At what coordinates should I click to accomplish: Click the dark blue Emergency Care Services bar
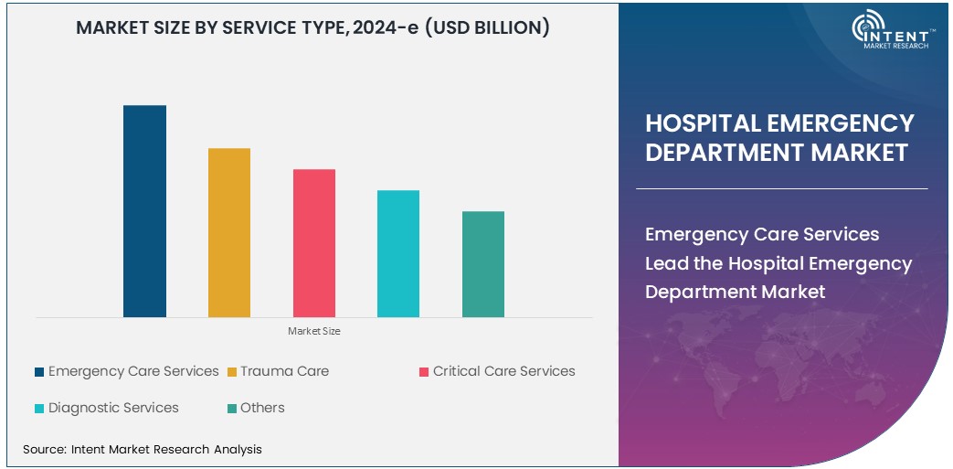click(144, 211)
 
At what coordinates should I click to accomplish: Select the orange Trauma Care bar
click(229, 232)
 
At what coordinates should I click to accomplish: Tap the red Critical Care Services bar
click(313, 243)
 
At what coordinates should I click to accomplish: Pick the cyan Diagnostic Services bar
click(398, 253)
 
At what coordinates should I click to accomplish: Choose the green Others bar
click(482, 264)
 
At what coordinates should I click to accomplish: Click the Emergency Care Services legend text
click(133, 371)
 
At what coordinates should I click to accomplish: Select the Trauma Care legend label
click(284, 371)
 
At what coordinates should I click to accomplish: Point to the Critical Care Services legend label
click(503, 371)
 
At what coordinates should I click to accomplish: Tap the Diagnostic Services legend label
click(113, 408)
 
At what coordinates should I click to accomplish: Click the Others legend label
click(262, 408)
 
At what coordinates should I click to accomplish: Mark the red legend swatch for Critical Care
click(424, 372)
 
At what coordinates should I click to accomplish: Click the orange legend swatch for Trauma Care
click(232, 372)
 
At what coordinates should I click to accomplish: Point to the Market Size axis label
click(313, 331)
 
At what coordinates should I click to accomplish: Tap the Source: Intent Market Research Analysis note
click(142, 449)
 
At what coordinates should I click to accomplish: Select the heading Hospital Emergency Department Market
click(779, 137)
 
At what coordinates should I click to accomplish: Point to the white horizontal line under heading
click(781, 188)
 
